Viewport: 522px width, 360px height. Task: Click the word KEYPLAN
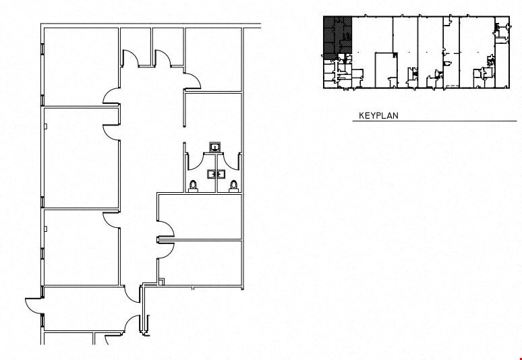click(x=378, y=116)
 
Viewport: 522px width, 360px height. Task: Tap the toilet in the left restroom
click(x=193, y=186)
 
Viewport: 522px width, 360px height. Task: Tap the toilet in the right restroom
click(x=234, y=186)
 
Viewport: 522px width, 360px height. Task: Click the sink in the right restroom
click(x=220, y=174)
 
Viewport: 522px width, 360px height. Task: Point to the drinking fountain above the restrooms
click(x=215, y=147)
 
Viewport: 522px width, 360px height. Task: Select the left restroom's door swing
click(x=196, y=161)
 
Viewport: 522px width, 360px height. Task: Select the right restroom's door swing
click(x=233, y=160)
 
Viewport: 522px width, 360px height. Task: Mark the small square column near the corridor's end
click(x=162, y=282)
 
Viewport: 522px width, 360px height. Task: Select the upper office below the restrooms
click(x=200, y=216)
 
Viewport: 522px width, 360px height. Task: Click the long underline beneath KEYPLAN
click(x=435, y=121)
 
